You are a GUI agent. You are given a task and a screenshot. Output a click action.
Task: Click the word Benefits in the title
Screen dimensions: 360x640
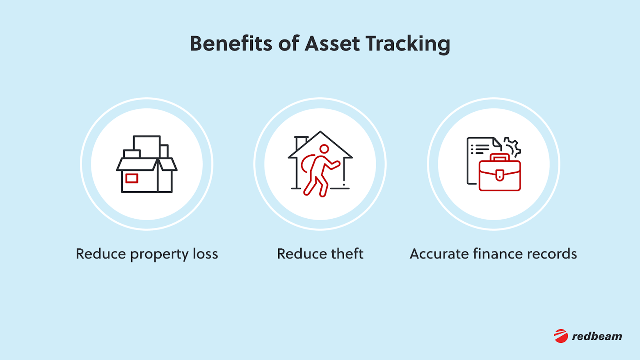click(231, 44)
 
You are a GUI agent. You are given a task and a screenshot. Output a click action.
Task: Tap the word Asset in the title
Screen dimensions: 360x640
click(332, 44)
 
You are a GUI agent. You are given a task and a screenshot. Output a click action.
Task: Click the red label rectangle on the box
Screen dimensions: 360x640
click(132, 178)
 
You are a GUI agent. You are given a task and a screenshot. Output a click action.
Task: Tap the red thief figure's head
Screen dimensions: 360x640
click(324, 149)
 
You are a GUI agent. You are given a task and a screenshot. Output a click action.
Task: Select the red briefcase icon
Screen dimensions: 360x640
click(499, 174)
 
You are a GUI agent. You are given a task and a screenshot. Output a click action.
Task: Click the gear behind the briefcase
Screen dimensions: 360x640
click(512, 146)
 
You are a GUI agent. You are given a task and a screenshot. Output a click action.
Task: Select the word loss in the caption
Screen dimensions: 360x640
click(206, 254)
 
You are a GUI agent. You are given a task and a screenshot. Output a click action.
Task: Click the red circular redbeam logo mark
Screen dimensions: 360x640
click(561, 336)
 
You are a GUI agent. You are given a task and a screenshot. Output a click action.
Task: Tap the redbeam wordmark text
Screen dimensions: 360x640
click(597, 336)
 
